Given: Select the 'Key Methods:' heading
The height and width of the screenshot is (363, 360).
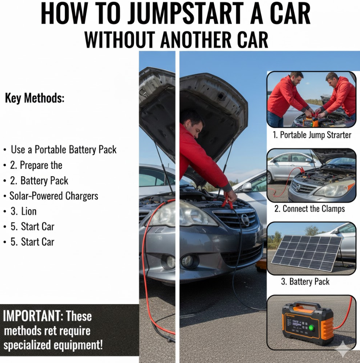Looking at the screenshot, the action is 35,98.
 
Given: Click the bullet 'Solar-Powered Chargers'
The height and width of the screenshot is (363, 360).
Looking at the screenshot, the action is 54,196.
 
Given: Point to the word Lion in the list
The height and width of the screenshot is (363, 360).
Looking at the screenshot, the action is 29,211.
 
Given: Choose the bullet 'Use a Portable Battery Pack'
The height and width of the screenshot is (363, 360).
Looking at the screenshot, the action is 64,150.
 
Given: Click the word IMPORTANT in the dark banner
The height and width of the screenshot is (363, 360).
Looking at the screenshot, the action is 32,316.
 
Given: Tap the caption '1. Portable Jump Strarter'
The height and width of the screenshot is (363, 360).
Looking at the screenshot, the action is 312,135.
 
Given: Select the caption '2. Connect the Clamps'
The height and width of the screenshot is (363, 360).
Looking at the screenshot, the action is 310,209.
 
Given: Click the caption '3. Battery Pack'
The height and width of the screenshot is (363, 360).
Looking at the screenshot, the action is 305,282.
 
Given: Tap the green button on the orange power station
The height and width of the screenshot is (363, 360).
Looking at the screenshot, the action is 311,328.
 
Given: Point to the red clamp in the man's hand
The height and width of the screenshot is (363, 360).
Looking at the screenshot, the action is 227,201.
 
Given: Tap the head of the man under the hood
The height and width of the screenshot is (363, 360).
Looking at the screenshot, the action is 194,122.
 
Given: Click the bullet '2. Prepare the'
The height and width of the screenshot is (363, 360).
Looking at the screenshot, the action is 36,165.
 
